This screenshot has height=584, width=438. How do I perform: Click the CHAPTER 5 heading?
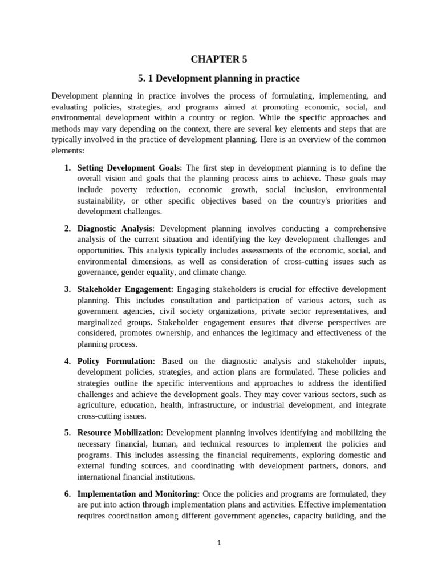point(219,58)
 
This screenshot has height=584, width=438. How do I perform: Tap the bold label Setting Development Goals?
point(128,168)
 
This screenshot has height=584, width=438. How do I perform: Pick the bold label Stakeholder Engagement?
point(125,290)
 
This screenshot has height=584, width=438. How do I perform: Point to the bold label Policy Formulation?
point(115,361)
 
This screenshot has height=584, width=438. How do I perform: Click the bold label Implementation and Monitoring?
point(138,493)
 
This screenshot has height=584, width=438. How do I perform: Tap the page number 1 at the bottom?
point(218,543)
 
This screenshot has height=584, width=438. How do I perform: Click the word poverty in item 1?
point(119,189)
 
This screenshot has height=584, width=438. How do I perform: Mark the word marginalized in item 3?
point(98,322)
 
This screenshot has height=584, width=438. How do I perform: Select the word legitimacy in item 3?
point(277,333)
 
